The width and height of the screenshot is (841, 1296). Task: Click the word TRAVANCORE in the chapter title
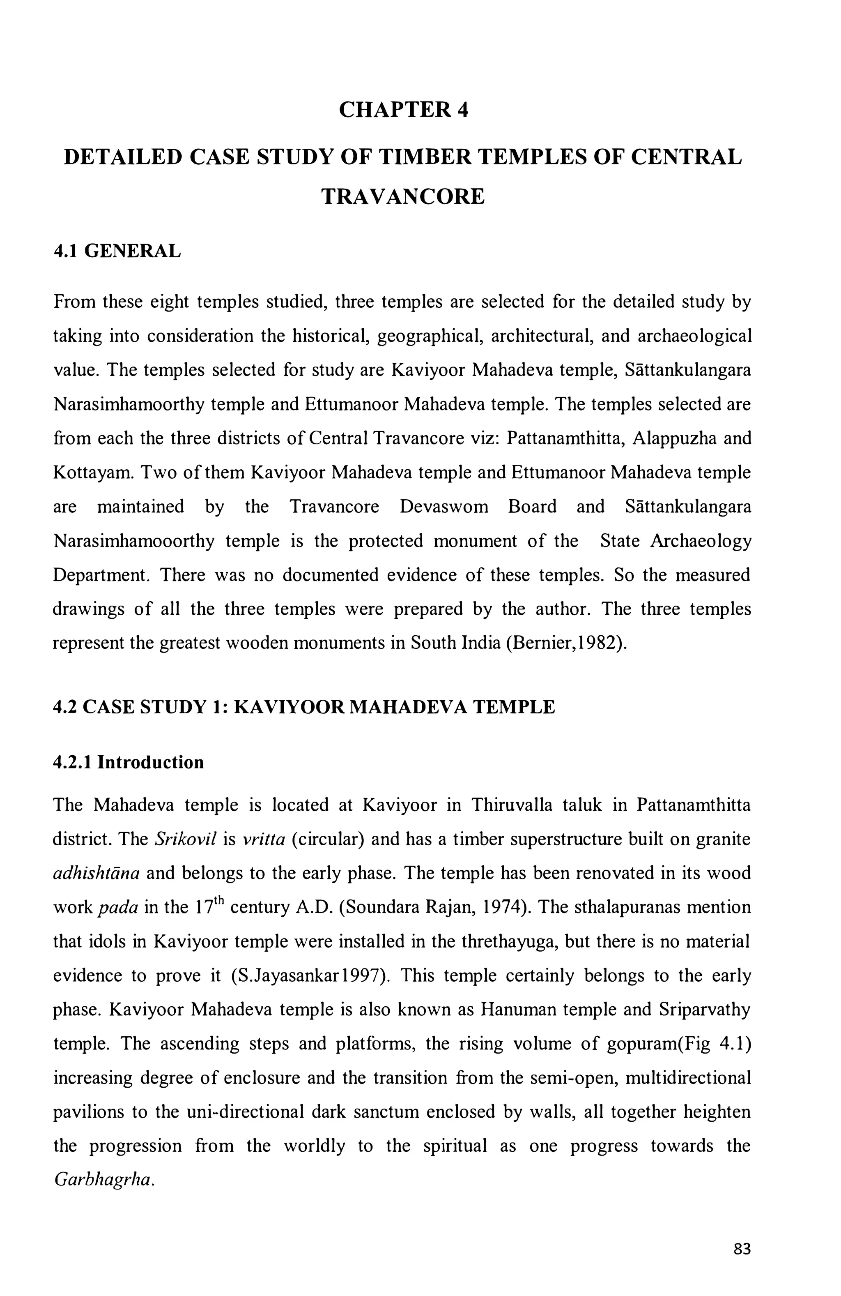point(403,196)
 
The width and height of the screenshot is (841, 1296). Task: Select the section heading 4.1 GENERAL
point(117,251)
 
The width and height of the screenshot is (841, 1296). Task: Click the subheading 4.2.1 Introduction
point(129,762)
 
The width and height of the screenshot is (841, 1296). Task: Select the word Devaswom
point(443,506)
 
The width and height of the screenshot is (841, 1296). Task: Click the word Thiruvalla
point(512,805)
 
